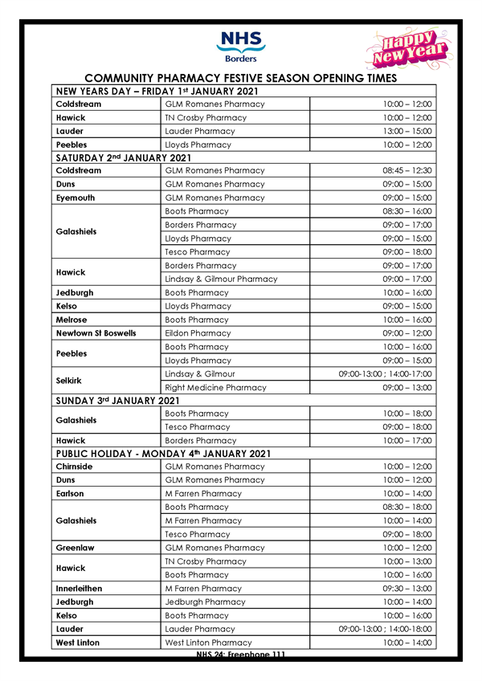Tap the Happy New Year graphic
pyautogui.click(x=404, y=50)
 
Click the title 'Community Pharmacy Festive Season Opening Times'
pyautogui.click(x=240, y=78)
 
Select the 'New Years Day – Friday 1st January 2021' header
pyautogui.click(x=167, y=92)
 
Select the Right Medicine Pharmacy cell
pyautogui.click(x=215, y=387)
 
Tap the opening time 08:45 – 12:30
pyautogui.click(x=408, y=171)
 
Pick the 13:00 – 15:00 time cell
pyautogui.click(x=408, y=131)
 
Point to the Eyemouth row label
pyautogui.click(x=76, y=198)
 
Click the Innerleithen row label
pyautogui.click(x=80, y=589)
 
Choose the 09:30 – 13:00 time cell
pyautogui.click(x=408, y=589)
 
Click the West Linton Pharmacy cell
pyautogui.click(x=208, y=642)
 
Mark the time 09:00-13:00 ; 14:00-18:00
pyautogui.click(x=386, y=629)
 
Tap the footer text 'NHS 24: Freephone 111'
pyautogui.click(x=240, y=655)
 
